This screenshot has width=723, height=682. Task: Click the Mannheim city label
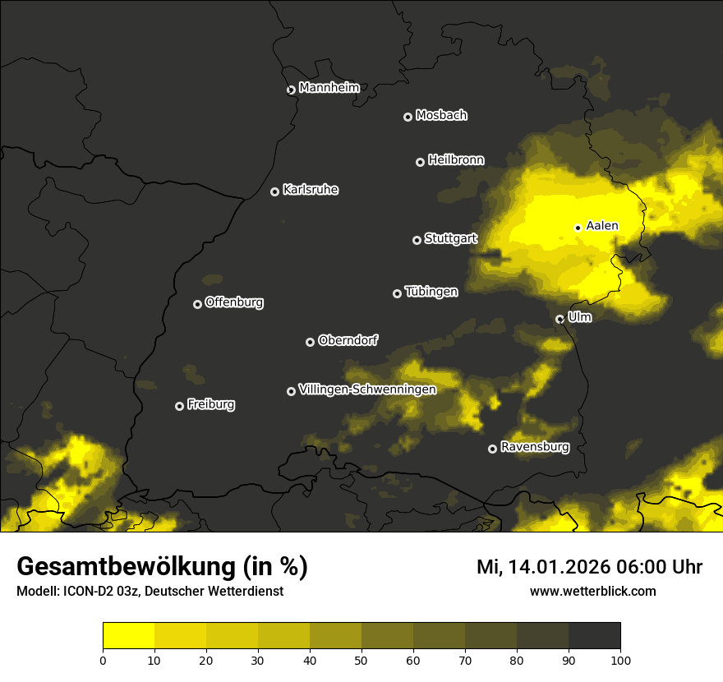[329, 88]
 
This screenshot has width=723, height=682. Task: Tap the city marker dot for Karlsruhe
[274, 191]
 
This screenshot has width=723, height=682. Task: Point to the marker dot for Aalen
[578, 228]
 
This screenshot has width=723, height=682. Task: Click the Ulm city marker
[560, 319]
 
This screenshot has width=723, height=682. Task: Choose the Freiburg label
[210, 404]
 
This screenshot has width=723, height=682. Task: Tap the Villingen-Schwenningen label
[367, 389]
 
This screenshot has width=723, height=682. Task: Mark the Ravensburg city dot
[492, 449]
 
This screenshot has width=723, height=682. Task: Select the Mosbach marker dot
[407, 117]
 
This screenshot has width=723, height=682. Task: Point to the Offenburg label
[234, 302]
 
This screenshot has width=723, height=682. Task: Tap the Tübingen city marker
[397, 293]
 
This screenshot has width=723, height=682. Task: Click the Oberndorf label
[348, 340]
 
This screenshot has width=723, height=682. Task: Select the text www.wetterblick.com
[592, 591]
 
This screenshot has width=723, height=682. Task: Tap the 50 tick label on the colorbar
[361, 660]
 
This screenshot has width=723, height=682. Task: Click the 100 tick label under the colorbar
[619, 660]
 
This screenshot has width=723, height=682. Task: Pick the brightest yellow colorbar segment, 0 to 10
[129, 636]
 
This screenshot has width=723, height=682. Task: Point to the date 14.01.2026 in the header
[558, 567]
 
